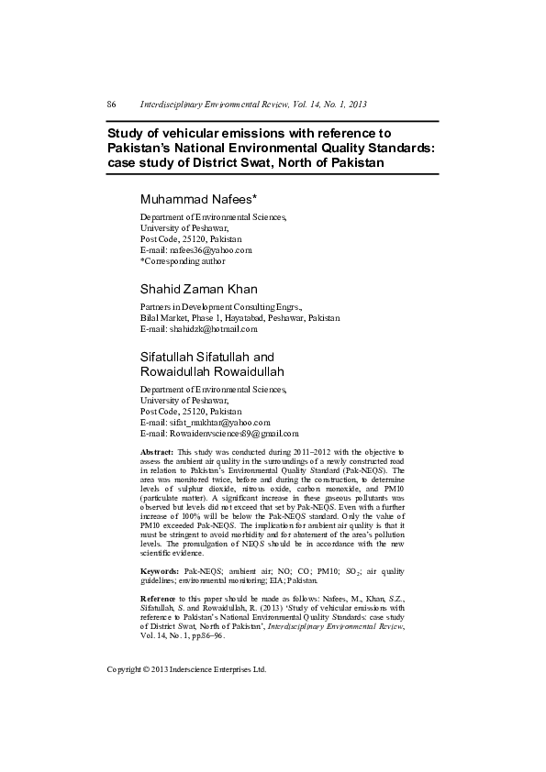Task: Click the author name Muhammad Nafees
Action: coord(197,199)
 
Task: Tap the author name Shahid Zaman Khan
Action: coord(198,290)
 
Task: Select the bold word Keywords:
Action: coord(160,570)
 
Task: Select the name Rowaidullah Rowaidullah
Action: coord(212,371)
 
